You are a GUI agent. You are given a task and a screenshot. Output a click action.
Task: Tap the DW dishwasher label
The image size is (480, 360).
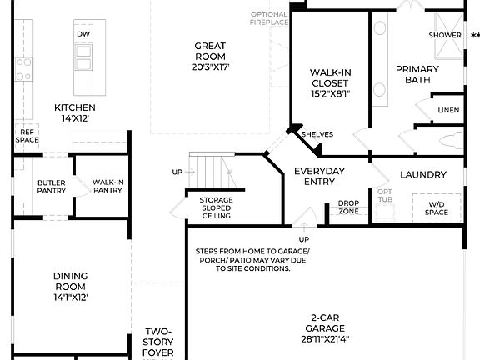coord(82,34)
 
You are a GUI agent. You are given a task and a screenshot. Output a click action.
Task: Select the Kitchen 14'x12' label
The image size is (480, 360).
coord(75,113)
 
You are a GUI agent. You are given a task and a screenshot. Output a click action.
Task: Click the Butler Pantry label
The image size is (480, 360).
coord(52,187)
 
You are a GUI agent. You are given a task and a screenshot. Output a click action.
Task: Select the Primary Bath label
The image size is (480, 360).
coord(417,74)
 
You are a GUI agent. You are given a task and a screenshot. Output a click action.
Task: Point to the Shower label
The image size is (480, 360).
coord(445,35)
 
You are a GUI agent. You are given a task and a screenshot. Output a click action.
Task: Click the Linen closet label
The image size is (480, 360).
coord(447,110)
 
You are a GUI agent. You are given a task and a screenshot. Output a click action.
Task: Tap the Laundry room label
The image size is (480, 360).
coord(423,174)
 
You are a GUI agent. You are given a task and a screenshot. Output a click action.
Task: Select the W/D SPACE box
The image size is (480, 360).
coord(437,207)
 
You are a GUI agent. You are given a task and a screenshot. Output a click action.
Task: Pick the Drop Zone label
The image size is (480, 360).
coord(348,207)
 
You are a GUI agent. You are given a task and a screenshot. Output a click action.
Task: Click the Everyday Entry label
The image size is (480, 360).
coord(319,177)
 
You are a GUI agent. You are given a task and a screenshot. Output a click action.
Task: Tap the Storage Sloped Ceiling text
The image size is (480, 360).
coord(215,207)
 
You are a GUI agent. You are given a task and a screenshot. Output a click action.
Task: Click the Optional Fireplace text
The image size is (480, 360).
coord(269,18)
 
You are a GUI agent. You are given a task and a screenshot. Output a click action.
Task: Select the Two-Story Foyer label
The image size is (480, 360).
coord(158,342)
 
